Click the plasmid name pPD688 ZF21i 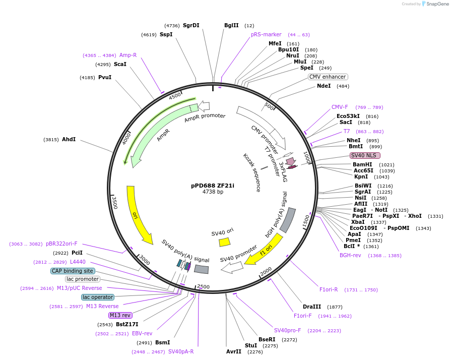coord(213,185)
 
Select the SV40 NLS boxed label coord(365,156)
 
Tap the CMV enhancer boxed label coord(328,77)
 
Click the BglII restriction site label coord(232,25)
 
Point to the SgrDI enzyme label coord(191,25)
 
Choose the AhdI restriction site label coord(69,139)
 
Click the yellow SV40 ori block coord(224,242)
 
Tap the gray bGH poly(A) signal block coord(288,220)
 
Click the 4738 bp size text coord(213,192)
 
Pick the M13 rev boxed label coord(120,315)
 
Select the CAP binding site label coord(72,271)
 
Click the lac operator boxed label coord(98,297)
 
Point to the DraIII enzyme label coord(312,307)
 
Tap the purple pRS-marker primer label coord(266,35)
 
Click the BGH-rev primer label coord(350,255)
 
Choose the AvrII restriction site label coord(234,351)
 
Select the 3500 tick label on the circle coord(114,203)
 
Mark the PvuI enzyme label coord(105,77)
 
